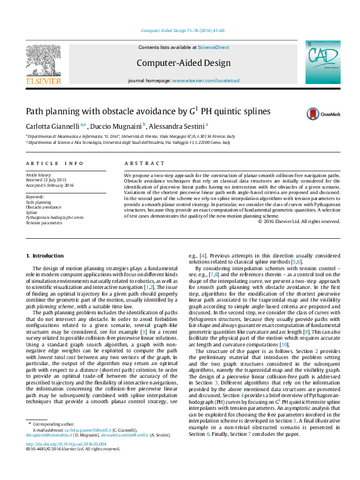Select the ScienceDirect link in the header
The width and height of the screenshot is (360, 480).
214,47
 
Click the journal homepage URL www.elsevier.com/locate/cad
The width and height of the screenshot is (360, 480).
206,80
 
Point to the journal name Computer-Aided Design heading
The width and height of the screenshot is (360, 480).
183,63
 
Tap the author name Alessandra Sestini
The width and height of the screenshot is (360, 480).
177,126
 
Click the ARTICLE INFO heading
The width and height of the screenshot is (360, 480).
54,163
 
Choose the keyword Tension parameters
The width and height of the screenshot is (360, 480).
44,222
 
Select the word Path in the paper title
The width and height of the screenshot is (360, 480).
34,111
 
